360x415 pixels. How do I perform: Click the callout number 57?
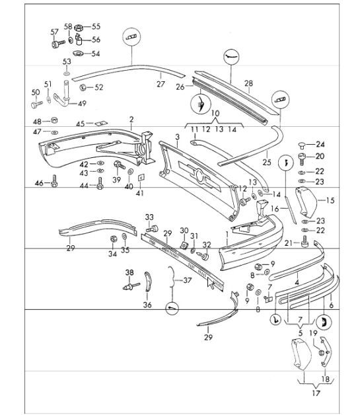[x=55, y=32]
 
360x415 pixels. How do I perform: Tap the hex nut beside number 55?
[x=77, y=27]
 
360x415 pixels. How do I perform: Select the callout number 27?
[x=160, y=84]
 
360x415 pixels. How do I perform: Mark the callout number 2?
[x=131, y=119]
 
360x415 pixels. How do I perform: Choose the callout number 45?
[x=81, y=123]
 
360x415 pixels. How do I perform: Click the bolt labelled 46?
[x=54, y=184]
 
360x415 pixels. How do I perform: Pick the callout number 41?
[x=140, y=194]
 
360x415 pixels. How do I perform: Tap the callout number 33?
[x=149, y=217]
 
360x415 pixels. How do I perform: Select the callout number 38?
[x=129, y=272]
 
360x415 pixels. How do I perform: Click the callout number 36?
[x=147, y=305]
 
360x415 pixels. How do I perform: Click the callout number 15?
[x=331, y=200]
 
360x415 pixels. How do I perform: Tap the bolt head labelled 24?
[x=302, y=145]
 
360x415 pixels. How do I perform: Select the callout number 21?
[x=289, y=244]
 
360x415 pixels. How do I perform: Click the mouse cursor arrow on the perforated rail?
[x=212, y=283]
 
